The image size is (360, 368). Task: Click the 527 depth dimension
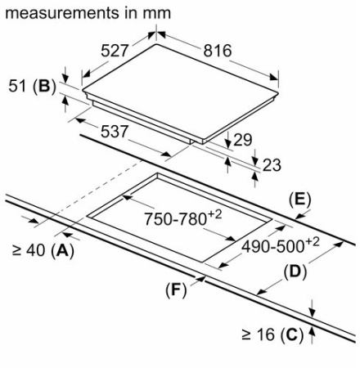(115, 51)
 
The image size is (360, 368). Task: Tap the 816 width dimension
(218, 51)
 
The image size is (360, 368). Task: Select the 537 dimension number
(115, 132)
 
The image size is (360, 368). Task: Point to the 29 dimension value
(243, 140)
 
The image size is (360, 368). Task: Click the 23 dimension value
(272, 165)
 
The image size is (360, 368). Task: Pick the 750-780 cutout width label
(182, 218)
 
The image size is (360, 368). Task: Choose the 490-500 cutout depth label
(281, 245)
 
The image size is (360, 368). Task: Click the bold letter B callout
(44, 86)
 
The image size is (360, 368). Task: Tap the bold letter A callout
(62, 250)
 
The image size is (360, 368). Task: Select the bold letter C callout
(291, 334)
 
